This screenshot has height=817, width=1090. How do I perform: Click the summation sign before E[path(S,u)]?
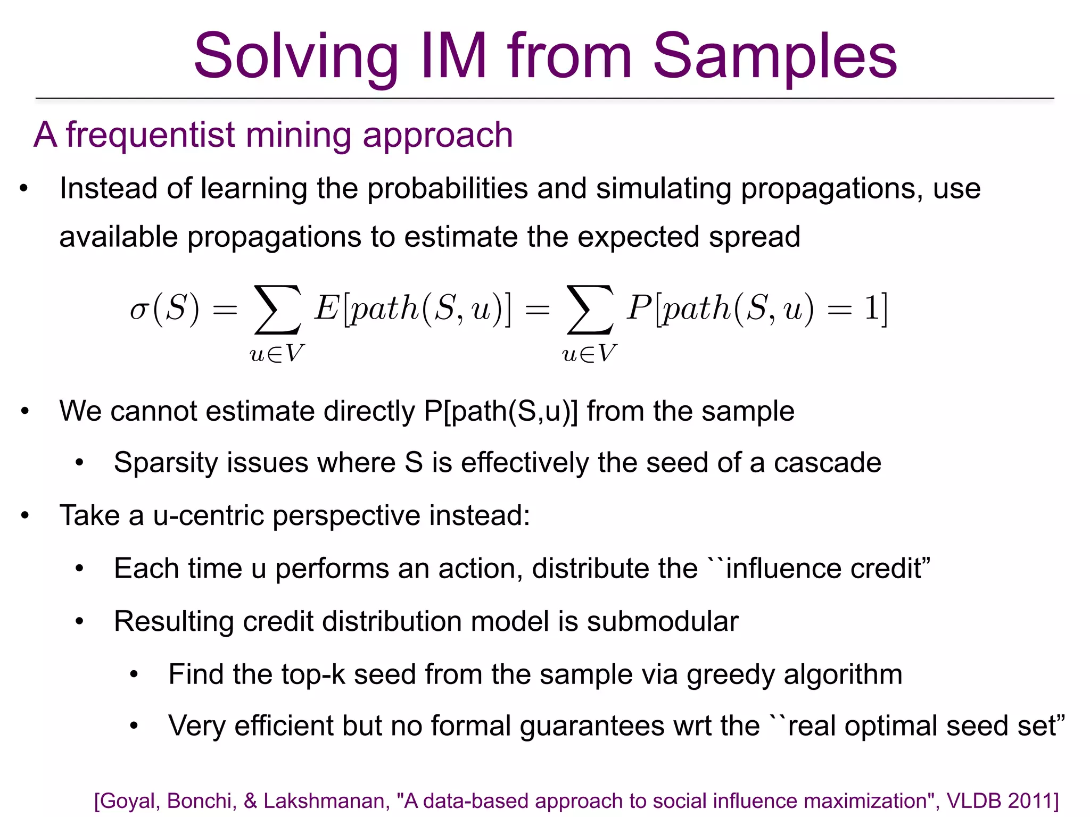coord(278,310)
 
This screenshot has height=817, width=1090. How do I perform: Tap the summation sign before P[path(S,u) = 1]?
coord(590,310)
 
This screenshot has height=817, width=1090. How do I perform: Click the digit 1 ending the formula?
coord(871,308)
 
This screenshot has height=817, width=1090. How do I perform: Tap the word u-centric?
coord(208,515)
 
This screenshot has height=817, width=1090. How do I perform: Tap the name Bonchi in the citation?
coord(202,801)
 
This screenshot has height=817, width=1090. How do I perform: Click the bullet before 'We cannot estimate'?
coord(24,412)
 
